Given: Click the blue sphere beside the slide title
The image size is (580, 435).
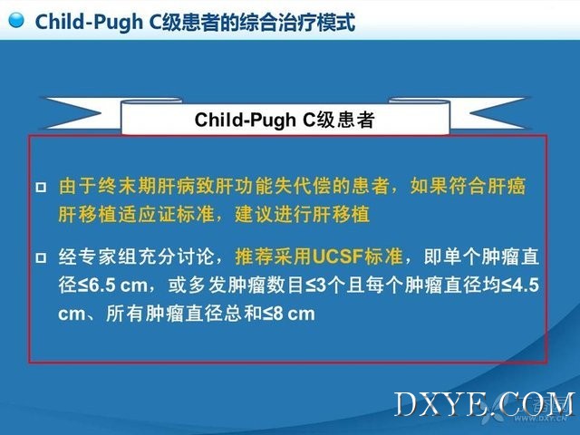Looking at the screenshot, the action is tap(16, 20).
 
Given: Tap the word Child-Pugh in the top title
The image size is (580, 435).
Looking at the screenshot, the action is tap(89, 22).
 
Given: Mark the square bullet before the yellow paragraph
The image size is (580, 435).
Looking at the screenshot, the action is tap(41, 187).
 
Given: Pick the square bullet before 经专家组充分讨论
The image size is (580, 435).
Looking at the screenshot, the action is tap(41, 257).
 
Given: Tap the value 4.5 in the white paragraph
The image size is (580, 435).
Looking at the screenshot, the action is tap(527, 286).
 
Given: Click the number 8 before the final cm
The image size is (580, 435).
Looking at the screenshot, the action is tap(278, 314).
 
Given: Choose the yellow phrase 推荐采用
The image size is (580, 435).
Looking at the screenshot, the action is tap(274, 256).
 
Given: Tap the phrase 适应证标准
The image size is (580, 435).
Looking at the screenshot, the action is tap(167, 214).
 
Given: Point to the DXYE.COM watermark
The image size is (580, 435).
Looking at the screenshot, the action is tap(485, 405).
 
